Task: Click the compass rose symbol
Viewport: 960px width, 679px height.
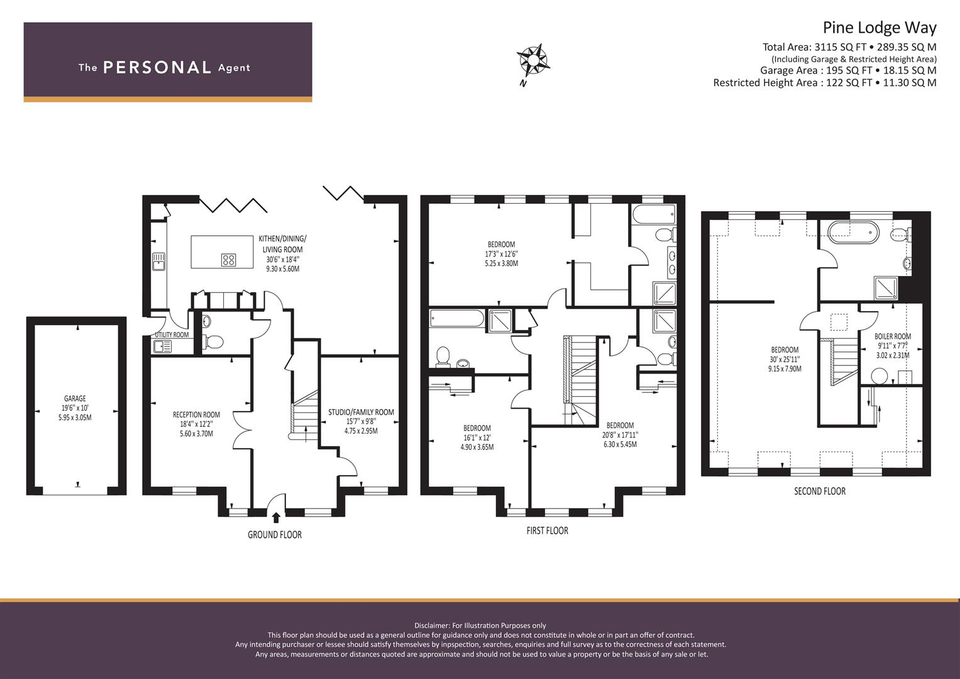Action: pyautogui.click(x=533, y=62)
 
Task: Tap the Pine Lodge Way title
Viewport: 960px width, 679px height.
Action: pyautogui.click(x=880, y=28)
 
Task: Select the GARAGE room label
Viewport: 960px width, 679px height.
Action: pyautogui.click(x=75, y=398)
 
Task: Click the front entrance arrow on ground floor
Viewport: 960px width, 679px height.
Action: pyautogui.click(x=276, y=518)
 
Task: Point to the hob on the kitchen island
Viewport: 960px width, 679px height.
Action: pyautogui.click(x=228, y=260)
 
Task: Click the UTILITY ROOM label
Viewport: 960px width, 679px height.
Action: pyautogui.click(x=172, y=334)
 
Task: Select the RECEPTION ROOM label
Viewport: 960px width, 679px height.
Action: pyautogui.click(x=196, y=414)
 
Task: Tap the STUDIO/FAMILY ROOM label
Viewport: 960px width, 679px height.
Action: pyautogui.click(x=361, y=412)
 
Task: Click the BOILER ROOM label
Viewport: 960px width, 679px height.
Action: pyautogui.click(x=893, y=336)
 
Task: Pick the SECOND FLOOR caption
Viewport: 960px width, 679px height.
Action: pyautogui.click(x=820, y=491)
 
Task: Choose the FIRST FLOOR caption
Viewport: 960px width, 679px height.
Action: pyautogui.click(x=548, y=531)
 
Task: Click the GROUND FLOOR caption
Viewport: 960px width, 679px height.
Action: pyautogui.click(x=275, y=535)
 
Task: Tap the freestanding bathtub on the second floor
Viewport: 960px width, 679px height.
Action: pyautogui.click(x=853, y=232)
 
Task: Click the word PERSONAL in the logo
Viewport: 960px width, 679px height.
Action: pyautogui.click(x=157, y=67)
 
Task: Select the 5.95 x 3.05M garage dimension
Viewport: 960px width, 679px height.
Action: pyautogui.click(x=75, y=417)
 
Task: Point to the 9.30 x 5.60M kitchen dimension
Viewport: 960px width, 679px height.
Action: pyautogui.click(x=282, y=269)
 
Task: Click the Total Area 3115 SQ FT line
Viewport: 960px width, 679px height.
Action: pyautogui.click(x=849, y=47)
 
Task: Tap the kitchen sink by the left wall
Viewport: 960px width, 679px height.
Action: pyautogui.click(x=159, y=262)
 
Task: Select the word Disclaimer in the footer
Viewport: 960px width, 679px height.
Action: pyautogui.click(x=431, y=626)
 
